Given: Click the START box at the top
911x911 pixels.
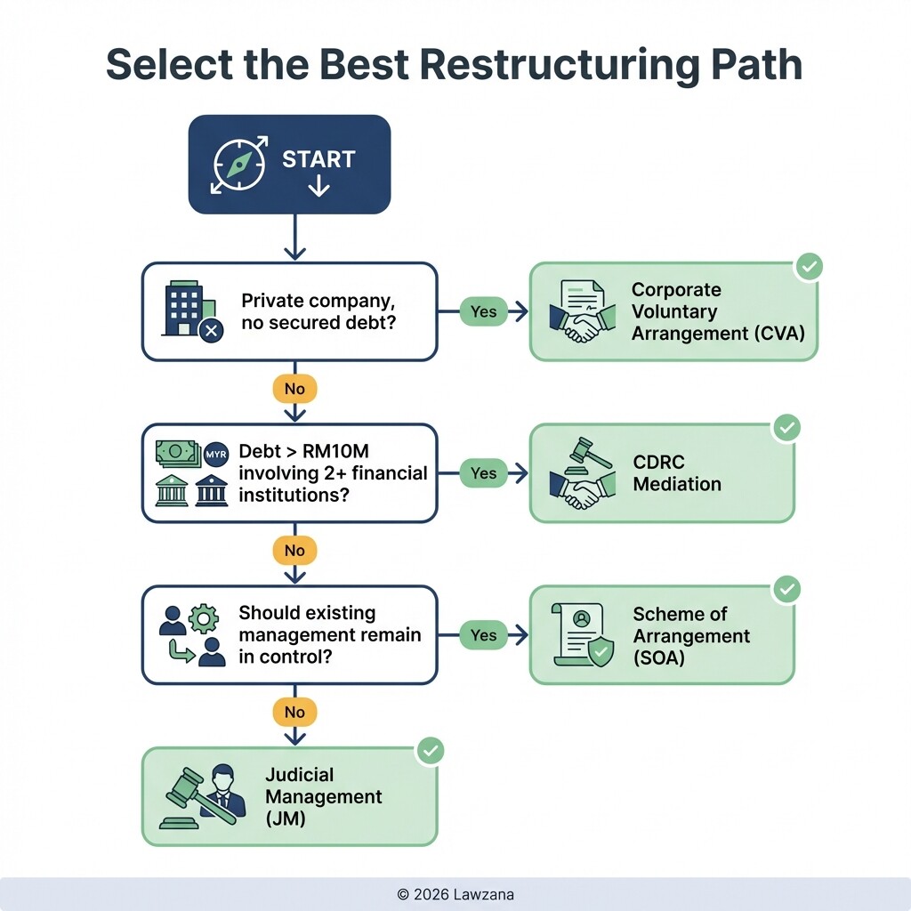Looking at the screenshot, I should (x=289, y=165).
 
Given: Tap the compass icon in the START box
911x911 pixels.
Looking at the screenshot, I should (x=238, y=165).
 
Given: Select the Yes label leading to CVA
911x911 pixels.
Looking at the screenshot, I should (x=483, y=311).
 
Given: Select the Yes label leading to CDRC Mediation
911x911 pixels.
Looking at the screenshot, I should (x=483, y=473).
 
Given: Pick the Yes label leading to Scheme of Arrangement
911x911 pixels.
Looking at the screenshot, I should (x=483, y=635).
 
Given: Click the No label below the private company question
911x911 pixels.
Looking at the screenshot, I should (x=294, y=389).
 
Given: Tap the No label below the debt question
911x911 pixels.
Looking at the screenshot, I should (x=294, y=551).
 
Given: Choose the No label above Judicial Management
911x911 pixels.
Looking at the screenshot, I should (x=294, y=713).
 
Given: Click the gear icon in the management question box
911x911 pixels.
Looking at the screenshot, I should (x=205, y=617).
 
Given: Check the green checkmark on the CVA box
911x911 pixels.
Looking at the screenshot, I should (x=809, y=266).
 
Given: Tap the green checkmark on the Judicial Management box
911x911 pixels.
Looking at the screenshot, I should (x=430, y=751).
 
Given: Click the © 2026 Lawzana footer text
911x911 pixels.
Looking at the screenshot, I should (x=455, y=894).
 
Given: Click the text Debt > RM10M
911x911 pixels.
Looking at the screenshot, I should (x=303, y=451).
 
